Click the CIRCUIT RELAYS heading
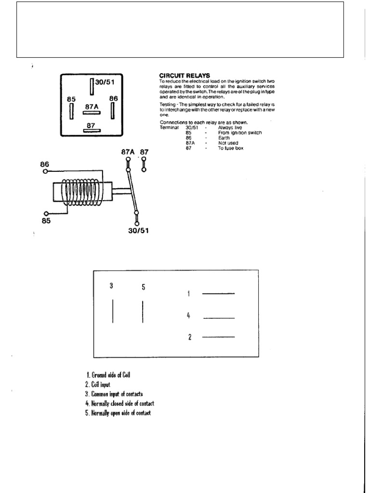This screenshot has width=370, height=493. click(185, 76)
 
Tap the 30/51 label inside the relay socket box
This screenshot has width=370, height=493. click(104, 82)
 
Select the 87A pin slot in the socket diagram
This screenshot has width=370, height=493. click(91, 113)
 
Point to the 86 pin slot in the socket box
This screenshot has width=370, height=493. click(112, 110)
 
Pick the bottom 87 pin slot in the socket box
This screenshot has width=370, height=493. click(91, 130)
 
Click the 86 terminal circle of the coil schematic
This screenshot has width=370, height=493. click(45, 171)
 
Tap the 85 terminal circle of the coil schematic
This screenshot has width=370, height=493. click(46, 213)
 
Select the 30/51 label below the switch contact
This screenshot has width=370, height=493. click(138, 230)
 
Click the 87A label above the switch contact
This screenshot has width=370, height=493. click(128, 152)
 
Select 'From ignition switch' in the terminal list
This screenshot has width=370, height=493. click(240, 132)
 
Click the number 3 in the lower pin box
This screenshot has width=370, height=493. click(111, 285)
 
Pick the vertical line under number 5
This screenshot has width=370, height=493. click(143, 311)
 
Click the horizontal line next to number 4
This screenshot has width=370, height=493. click(219, 318)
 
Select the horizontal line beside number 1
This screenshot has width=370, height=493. click(218, 293)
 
